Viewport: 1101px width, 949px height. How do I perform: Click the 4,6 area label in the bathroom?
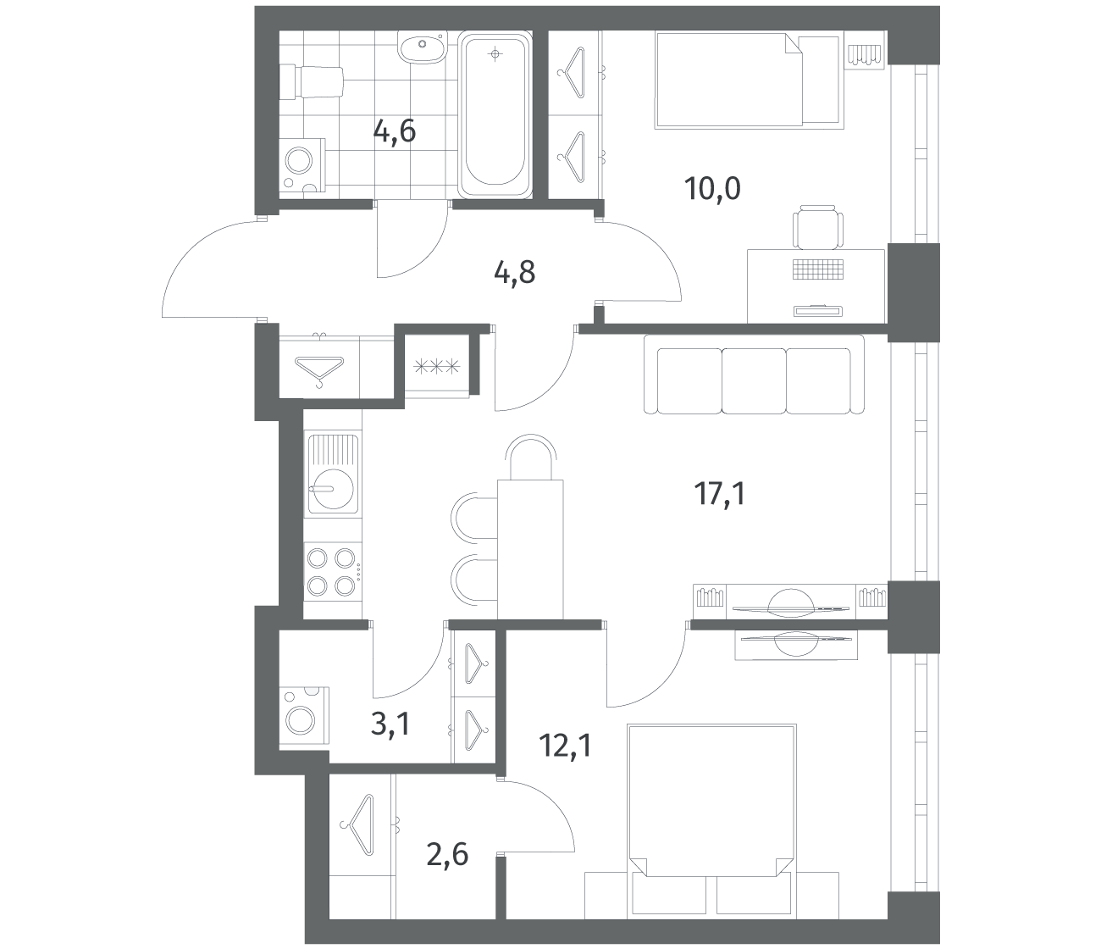394,131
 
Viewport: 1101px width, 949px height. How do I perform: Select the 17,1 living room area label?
720,494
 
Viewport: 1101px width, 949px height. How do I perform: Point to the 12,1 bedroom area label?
565,746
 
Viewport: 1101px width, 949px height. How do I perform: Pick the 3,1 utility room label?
390,724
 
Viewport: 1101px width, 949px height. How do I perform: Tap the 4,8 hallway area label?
515,273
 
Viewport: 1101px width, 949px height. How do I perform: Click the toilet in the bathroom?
311,82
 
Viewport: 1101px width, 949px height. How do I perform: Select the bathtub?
495,114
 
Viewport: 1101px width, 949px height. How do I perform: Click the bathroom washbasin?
421,49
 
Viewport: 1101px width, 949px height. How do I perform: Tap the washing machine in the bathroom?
303,165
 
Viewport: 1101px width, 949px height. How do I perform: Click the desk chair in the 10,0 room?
818,227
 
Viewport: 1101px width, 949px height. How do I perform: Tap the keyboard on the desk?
818,269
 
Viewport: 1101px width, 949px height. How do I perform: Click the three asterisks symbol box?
436,367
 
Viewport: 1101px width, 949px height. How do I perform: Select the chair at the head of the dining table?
530,457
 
